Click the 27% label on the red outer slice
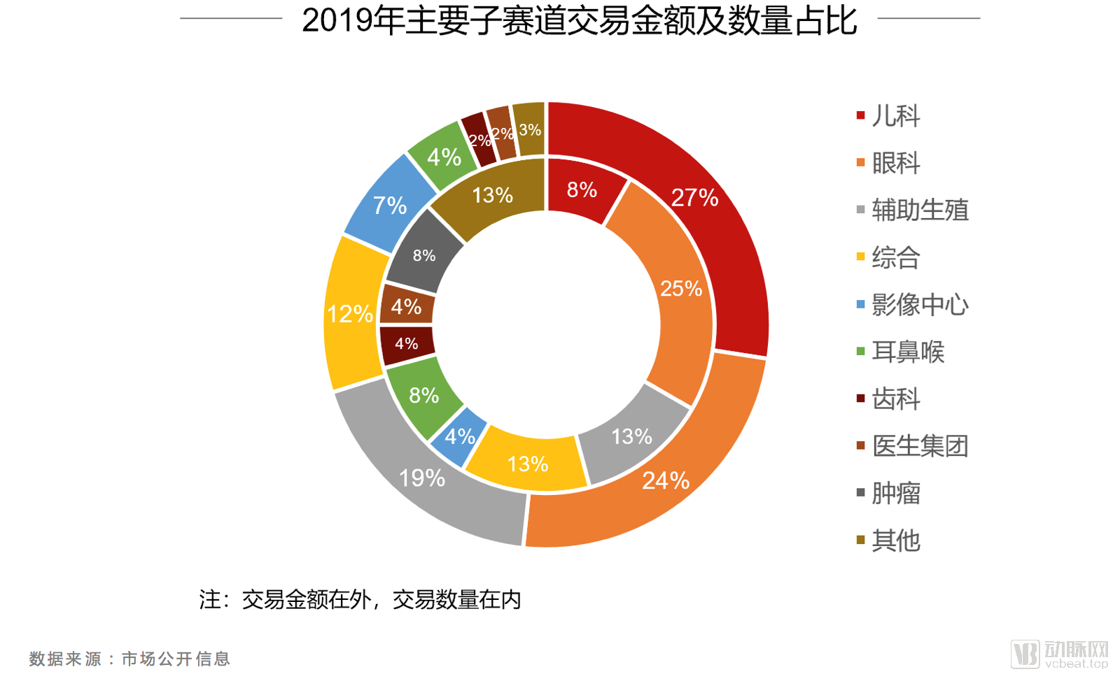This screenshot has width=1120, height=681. tap(694, 198)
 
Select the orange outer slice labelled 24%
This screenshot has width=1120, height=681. tap(665, 481)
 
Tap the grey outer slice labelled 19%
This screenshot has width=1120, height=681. tap(422, 478)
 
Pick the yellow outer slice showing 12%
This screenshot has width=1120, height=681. tap(350, 314)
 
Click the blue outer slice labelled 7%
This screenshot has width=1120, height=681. tap(389, 206)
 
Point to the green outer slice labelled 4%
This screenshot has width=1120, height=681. tap(444, 157)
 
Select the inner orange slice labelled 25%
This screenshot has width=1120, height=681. tap(681, 288)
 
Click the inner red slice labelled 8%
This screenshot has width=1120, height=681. tap(582, 189)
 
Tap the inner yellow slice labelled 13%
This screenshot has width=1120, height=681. tap(527, 464)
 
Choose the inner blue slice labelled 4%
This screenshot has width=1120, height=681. tap(460, 437)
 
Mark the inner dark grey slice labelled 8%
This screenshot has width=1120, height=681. tap(424, 256)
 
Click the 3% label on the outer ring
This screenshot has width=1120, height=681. tap(530, 130)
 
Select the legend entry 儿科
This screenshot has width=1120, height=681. tap(895, 116)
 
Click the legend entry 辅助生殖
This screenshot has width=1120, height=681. tap(920, 210)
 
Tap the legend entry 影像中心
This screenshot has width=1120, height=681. tap(920, 305)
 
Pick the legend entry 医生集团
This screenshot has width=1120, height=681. tap(920, 446)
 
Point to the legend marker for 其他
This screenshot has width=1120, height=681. tap(861, 540)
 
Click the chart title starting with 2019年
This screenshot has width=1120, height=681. tap(579, 20)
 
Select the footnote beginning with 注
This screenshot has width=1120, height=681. tap(360, 600)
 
